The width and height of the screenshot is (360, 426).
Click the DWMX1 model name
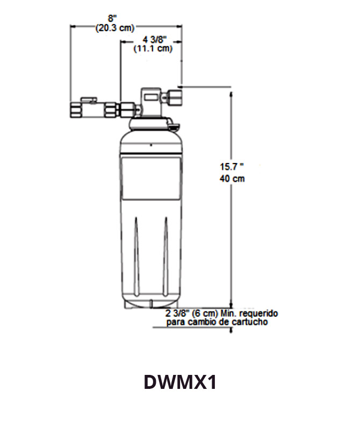(x=180, y=382)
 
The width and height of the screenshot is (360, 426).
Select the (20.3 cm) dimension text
(x=114, y=29)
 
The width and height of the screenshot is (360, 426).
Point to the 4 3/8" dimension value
(x=155, y=39)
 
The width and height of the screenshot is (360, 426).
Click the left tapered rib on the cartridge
(x=136, y=253)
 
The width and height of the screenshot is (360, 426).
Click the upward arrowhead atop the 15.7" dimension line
(x=232, y=93)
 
